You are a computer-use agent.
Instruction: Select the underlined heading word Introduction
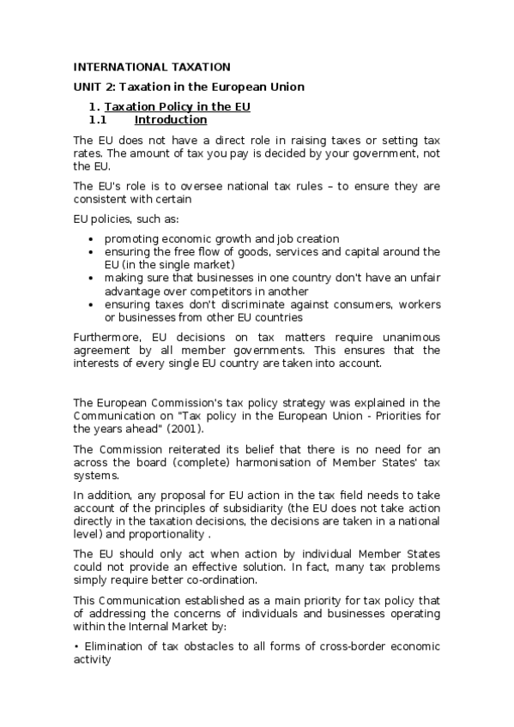171,120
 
